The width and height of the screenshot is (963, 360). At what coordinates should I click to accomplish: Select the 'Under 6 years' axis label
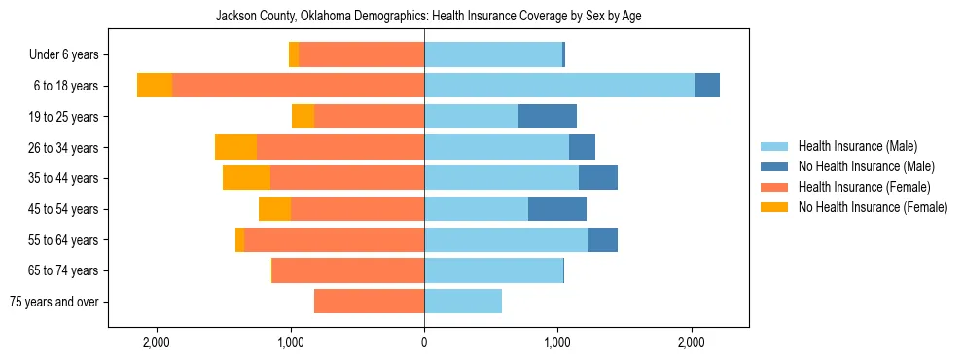coord(69,55)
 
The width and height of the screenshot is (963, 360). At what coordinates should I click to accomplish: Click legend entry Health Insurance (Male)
coord(857,147)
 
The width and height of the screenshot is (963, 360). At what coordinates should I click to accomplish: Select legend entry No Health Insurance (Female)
coord(873,207)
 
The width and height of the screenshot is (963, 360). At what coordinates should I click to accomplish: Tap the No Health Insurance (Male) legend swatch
coord(775,167)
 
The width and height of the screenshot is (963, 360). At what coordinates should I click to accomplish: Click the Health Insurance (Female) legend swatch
coord(775,187)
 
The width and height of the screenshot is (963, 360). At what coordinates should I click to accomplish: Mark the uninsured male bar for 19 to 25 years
coord(548,117)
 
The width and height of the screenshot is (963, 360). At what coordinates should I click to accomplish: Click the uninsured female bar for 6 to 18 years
coord(155,86)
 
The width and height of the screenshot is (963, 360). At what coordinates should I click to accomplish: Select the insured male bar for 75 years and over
coord(463,302)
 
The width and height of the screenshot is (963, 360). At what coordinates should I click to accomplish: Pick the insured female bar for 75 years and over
coord(369,302)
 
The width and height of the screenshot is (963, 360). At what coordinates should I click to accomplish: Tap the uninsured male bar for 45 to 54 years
coord(557,209)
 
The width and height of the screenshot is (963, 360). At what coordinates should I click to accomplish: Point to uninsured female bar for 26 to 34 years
coord(235,148)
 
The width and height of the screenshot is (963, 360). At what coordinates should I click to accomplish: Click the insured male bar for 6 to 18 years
coord(559,86)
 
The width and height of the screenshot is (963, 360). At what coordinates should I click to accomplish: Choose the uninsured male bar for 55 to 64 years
coord(603,240)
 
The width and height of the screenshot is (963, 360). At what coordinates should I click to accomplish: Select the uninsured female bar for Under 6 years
coord(294,55)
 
